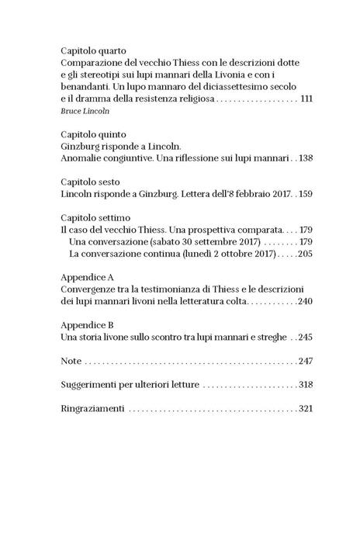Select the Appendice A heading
tap(88, 276)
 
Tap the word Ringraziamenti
tap(92, 409)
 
